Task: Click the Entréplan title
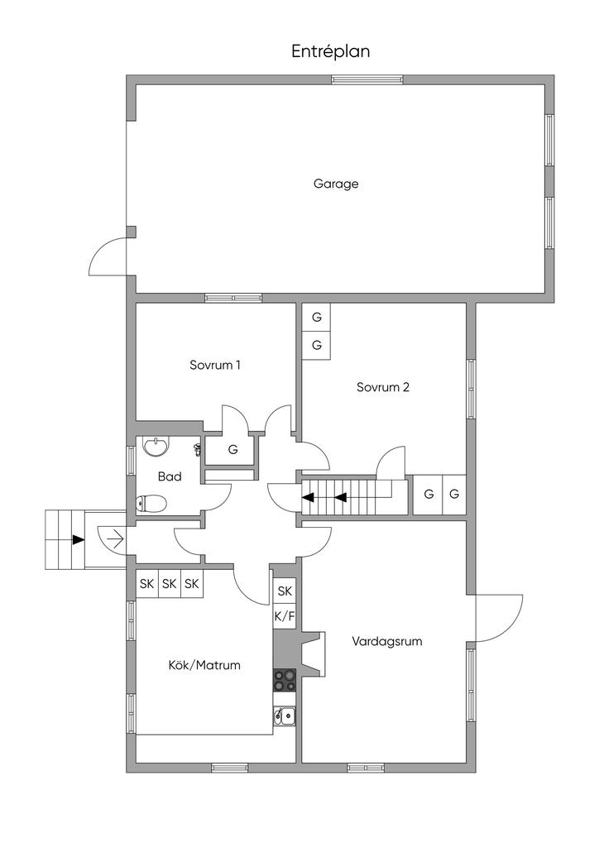click(x=330, y=51)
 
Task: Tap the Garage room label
click(x=336, y=184)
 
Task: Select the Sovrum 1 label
click(x=215, y=365)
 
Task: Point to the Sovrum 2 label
click(x=383, y=386)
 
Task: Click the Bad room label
click(x=170, y=476)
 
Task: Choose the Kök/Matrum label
click(x=204, y=664)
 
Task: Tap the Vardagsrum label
click(x=381, y=641)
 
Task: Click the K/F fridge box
click(x=284, y=615)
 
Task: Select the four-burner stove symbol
click(x=285, y=680)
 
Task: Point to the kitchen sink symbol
click(x=285, y=715)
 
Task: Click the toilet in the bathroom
click(x=152, y=502)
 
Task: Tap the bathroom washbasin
click(x=156, y=447)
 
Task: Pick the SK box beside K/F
click(x=285, y=591)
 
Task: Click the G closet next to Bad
click(x=232, y=450)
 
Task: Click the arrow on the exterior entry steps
click(x=78, y=539)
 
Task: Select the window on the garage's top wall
click(x=367, y=79)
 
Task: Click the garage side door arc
click(x=107, y=256)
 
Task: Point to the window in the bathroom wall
click(x=131, y=460)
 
